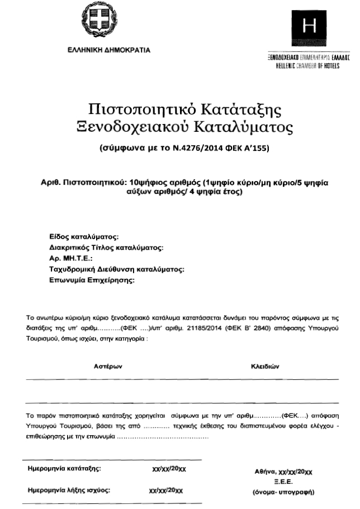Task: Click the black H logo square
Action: click(307, 26)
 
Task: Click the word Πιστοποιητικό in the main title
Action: click(139, 108)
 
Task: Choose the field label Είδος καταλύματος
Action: click(84, 237)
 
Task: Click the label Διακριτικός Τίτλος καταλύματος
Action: click(106, 248)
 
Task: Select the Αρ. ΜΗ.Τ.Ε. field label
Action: click(67, 259)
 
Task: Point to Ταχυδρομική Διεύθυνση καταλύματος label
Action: click(117, 269)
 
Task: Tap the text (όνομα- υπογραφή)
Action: click(284, 493)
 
